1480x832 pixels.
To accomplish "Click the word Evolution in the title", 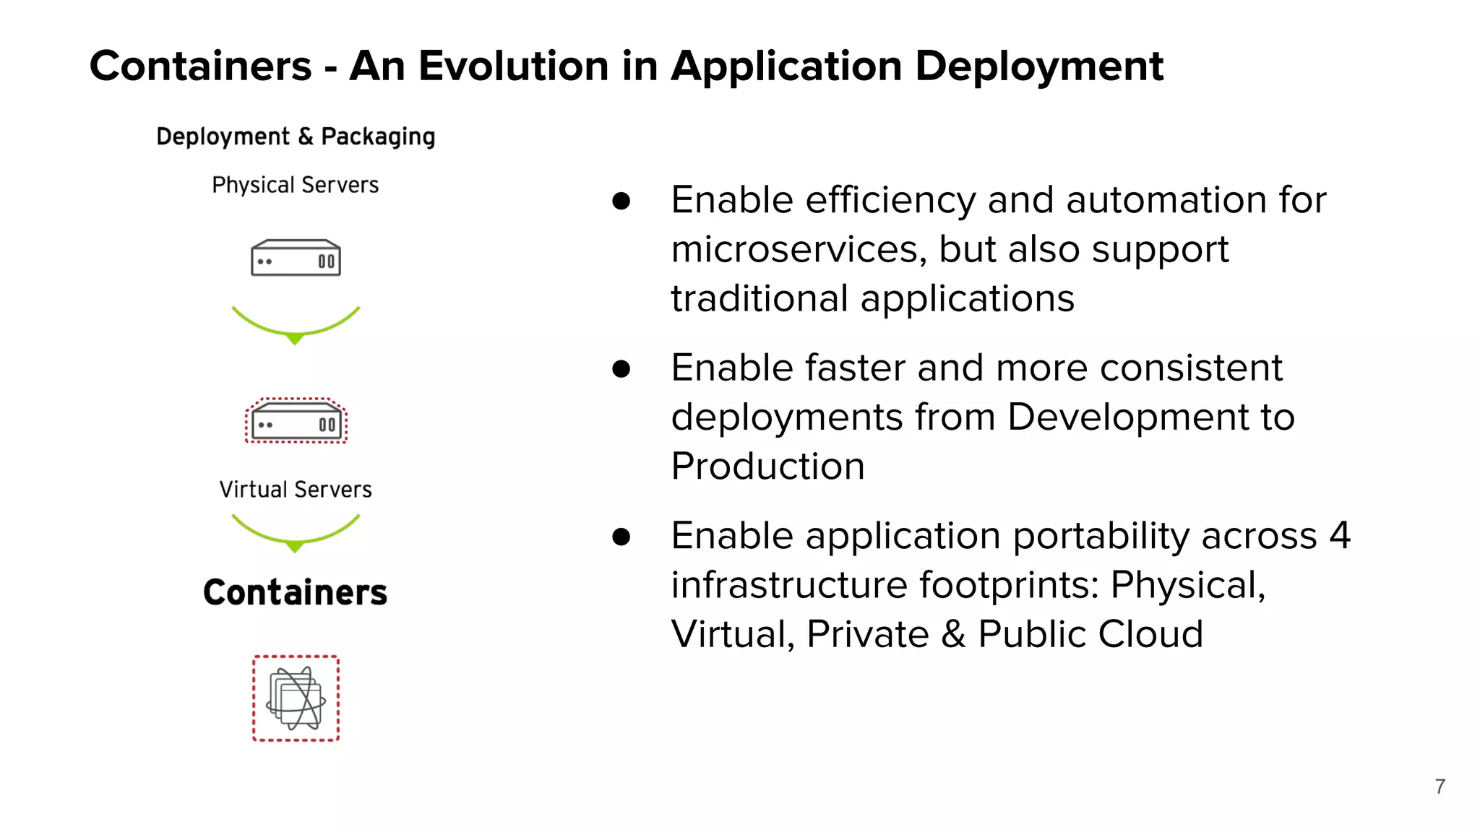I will (x=514, y=66).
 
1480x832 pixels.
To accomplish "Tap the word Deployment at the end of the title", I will (x=1039, y=67).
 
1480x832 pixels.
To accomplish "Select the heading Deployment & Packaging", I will (x=296, y=136).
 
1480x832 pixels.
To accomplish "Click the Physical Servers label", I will (x=295, y=185).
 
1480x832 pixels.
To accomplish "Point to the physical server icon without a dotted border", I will (x=296, y=258).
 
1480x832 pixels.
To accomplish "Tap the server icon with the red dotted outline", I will (x=296, y=421).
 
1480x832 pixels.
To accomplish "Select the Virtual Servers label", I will (x=296, y=489).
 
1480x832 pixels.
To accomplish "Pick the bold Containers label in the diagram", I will (x=295, y=592).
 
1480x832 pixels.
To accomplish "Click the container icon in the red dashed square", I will (x=296, y=698).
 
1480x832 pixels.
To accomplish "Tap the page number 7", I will (x=1440, y=786).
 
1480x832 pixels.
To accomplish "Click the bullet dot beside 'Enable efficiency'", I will (x=621, y=201).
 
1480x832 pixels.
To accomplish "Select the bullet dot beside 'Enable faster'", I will (x=621, y=369).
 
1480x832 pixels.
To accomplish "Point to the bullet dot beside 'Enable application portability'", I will (x=621, y=537).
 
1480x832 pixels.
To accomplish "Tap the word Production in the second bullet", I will (x=767, y=466).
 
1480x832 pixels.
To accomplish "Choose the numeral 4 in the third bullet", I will (x=1339, y=535).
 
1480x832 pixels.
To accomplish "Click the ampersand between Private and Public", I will (x=953, y=634).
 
